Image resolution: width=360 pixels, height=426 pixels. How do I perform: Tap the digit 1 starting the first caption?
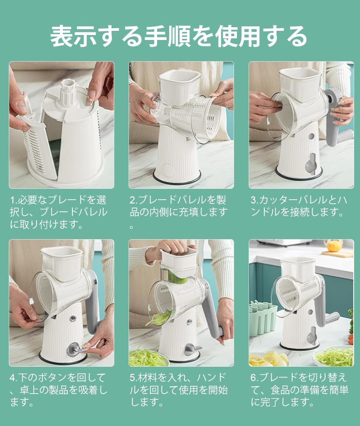click(12, 200)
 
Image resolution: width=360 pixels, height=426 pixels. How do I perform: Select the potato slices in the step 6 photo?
click(269, 358)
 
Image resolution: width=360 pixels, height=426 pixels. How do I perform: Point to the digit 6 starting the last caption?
click(254, 378)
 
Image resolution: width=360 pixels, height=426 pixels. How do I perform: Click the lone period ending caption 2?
click(132, 226)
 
